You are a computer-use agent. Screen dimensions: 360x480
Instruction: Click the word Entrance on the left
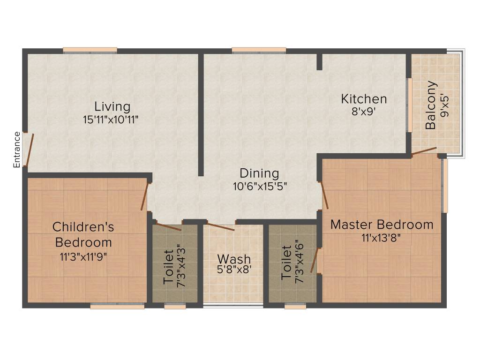pos(17,150)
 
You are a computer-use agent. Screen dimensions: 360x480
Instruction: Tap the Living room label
pos(112,106)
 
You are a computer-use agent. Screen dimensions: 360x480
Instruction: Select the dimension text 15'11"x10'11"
pos(111,120)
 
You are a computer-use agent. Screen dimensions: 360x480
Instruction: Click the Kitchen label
pos(364,99)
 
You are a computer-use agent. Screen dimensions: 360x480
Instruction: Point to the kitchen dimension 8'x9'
pos(364,112)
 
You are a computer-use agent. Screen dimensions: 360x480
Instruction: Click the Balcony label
pos(431,105)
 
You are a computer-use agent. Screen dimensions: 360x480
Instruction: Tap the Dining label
pos(259,173)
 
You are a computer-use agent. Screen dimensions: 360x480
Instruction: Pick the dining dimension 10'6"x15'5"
pos(260,186)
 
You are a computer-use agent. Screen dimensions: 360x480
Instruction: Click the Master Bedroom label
pos(382,225)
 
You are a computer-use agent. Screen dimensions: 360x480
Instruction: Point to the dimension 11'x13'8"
pos(381,237)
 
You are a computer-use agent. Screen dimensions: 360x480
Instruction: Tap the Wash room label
pos(234,259)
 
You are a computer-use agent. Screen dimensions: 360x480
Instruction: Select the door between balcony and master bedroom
pos(424,151)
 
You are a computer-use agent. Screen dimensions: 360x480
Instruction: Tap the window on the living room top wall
pos(90,50)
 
